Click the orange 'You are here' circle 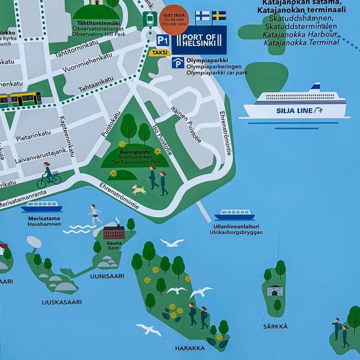(x=174, y=20)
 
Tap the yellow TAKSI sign (x=160, y=53)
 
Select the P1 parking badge (x=163, y=40)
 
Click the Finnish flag (x=202, y=16)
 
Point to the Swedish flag (x=219, y=16)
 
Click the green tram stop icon (x=150, y=19)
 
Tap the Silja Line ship (x=295, y=105)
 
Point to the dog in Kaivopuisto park (x=139, y=190)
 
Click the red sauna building (x=114, y=232)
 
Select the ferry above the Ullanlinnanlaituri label (x=234, y=215)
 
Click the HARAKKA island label (x=190, y=348)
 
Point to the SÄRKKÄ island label (x=275, y=326)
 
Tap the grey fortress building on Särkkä (x=275, y=290)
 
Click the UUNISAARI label (x=107, y=276)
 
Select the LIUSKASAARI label (x=62, y=302)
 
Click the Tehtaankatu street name (x=96, y=84)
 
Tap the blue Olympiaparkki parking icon (x=178, y=63)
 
